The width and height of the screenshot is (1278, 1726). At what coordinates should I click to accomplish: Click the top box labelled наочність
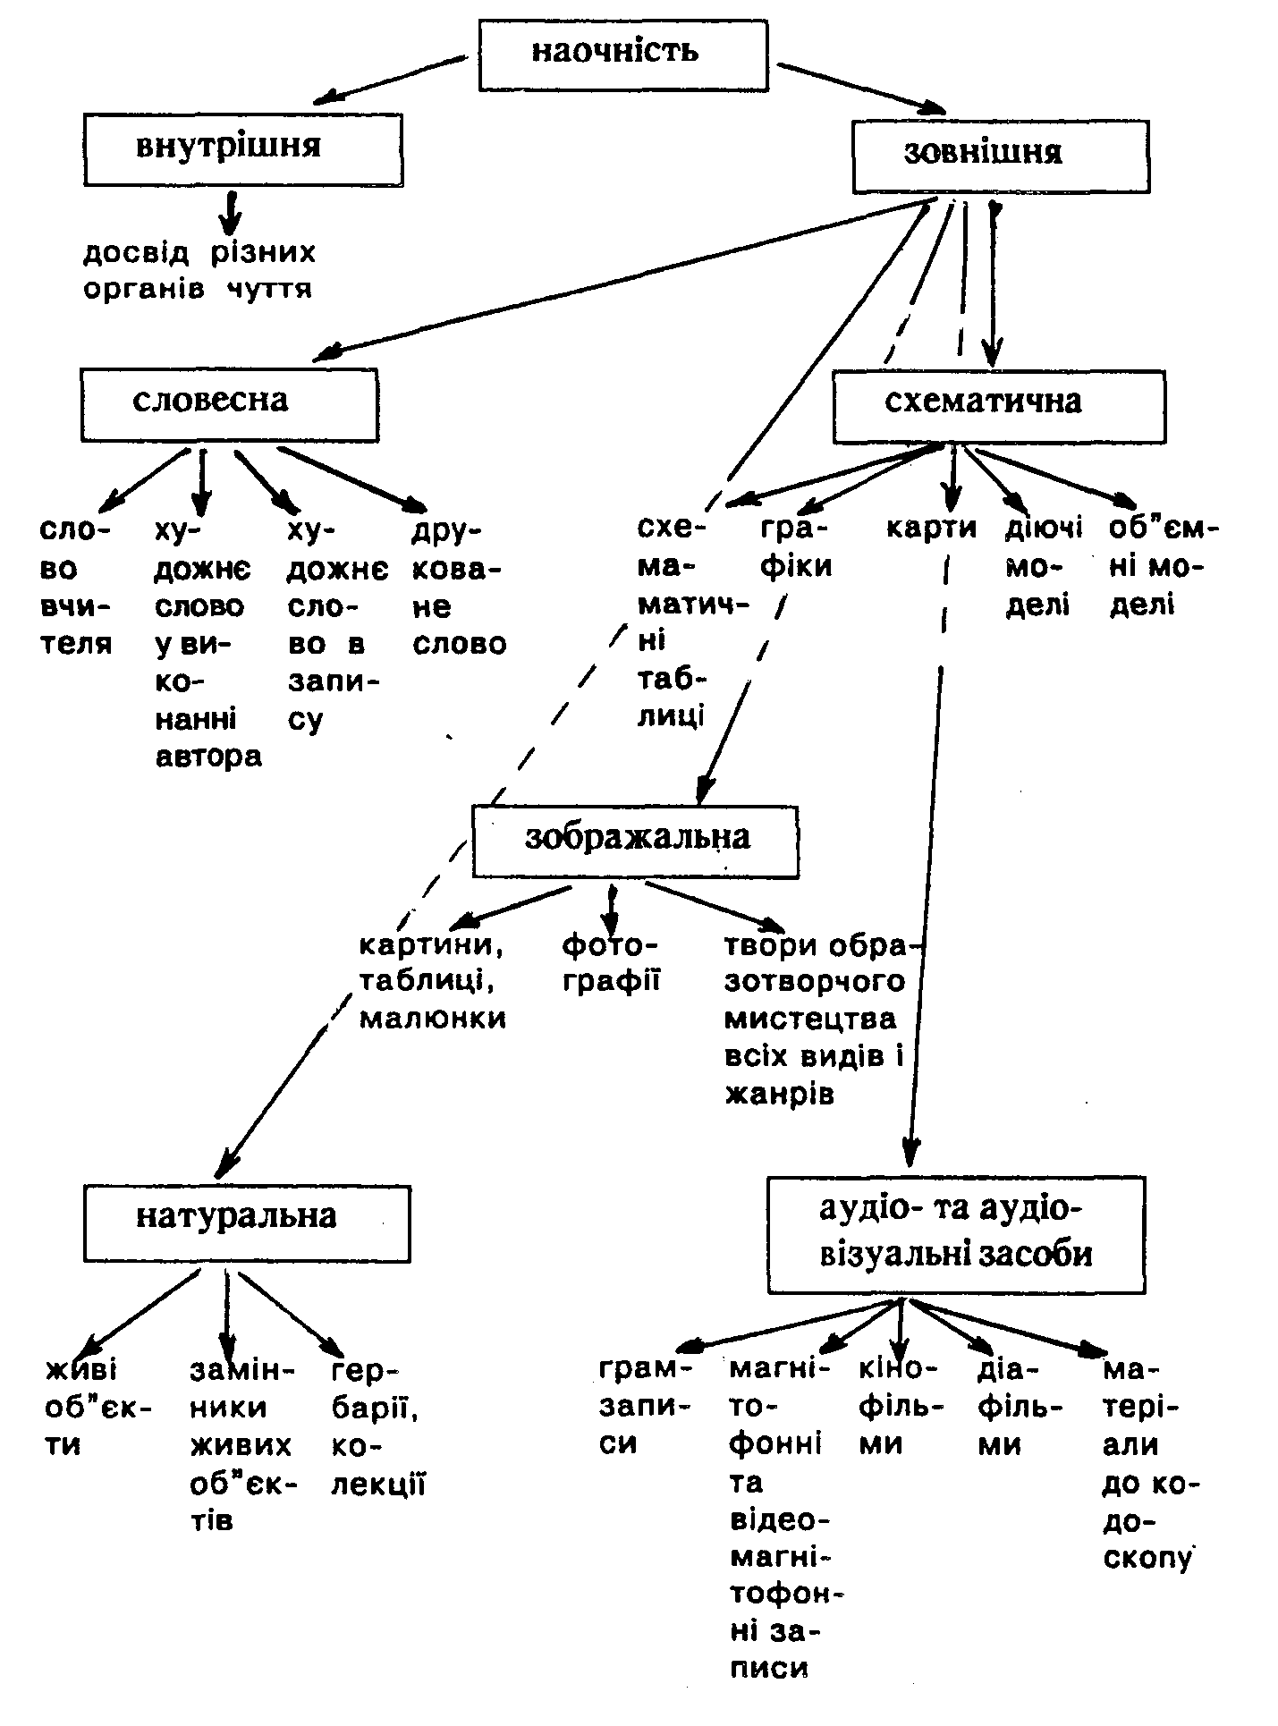pyautogui.click(x=622, y=55)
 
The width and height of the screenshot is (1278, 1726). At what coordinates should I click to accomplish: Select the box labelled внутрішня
pyautogui.click(x=242, y=149)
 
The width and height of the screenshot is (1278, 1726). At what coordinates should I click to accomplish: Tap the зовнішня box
pyautogui.click(x=1000, y=157)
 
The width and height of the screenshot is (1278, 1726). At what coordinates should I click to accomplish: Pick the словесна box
pyautogui.click(x=229, y=404)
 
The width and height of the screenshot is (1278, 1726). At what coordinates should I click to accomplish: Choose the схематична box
pyautogui.click(x=998, y=406)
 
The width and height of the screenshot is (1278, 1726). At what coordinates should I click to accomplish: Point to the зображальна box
pyautogui.click(x=635, y=842)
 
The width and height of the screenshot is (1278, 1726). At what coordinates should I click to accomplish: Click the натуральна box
pyautogui.click(x=247, y=1223)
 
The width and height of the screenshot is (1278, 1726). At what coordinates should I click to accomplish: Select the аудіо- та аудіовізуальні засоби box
pyautogui.click(x=955, y=1234)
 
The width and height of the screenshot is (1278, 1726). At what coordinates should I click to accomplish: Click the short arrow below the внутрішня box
pyautogui.click(x=232, y=212)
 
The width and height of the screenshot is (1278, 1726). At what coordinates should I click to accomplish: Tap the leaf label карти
pyautogui.click(x=931, y=529)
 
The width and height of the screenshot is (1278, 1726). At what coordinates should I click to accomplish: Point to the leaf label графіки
pyautogui.click(x=795, y=547)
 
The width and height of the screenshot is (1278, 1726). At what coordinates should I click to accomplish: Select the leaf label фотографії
pyautogui.click(x=611, y=962)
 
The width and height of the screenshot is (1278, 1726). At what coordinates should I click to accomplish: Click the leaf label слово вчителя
pyautogui.click(x=76, y=587)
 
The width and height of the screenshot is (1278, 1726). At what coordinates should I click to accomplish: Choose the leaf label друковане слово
pyautogui.click(x=458, y=587)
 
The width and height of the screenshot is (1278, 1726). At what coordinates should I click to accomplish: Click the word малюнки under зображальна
pyautogui.click(x=433, y=1019)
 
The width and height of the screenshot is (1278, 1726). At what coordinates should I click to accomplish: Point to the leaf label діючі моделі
pyautogui.click(x=1043, y=567)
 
